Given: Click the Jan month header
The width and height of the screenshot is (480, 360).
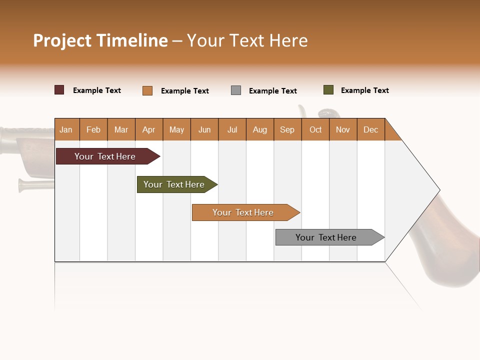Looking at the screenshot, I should pyautogui.click(x=66, y=129).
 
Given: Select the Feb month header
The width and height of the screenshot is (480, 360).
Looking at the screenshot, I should pyautogui.click(x=93, y=129).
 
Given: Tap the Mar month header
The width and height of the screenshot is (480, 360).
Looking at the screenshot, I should pyautogui.click(x=121, y=129).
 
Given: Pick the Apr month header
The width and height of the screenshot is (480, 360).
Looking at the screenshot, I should pyautogui.click(x=149, y=129).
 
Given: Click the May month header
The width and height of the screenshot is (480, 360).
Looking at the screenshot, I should pyautogui.click(x=176, y=129).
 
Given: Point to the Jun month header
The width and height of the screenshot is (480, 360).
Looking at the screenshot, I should pyautogui.click(x=204, y=129).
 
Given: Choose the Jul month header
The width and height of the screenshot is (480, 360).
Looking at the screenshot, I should pyautogui.click(x=232, y=129).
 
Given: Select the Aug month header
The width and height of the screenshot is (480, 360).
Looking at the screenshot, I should pyautogui.click(x=260, y=129).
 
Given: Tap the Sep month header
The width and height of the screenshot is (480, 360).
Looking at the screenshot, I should pyautogui.click(x=287, y=129).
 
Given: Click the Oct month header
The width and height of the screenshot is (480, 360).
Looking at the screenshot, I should pyautogui.click(x=315, y=129).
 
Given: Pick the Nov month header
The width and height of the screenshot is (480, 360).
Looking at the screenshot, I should pyautogui.click(x=343, y=129).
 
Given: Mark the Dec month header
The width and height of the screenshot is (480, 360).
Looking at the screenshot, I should pyautogui.click(x=371, y=129).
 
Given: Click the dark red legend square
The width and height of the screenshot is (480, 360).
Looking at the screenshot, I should pyautogui.click(x=59, y=90).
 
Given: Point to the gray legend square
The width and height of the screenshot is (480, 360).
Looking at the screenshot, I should pyautogui.click(x=236, y=90).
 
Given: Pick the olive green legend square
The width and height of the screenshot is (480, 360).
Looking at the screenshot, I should pyautogui.click(x=328, y=90).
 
